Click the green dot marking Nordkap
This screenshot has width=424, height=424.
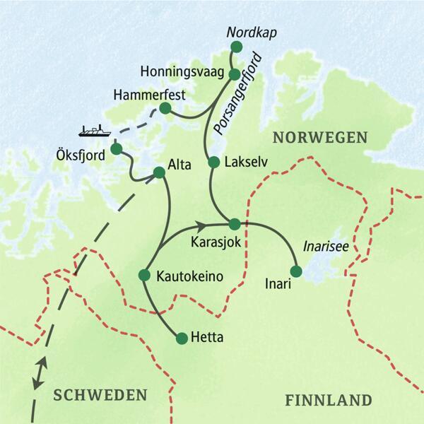pos(236,47)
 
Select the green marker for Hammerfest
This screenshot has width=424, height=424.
pos(165,108)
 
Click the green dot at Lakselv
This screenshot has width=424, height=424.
pos(213,162)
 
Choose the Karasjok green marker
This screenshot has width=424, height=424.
pos(234,224)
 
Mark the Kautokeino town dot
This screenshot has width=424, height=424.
pos(145,274)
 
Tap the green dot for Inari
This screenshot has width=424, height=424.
pos(296,271)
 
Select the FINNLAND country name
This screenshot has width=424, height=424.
pos(328,400)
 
